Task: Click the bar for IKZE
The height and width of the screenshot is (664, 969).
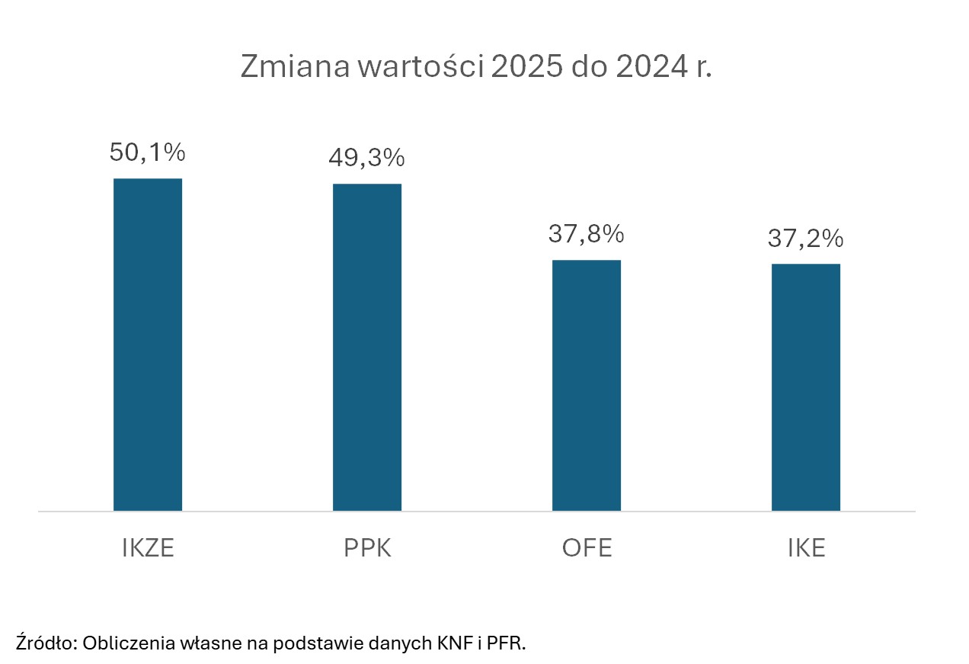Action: click(x=148, y=345)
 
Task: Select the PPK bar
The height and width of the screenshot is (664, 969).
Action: click(x=367, y=347)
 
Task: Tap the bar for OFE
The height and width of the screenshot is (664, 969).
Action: click(x=587, y=385)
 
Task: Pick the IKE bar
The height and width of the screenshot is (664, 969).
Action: click(x=806, y=387)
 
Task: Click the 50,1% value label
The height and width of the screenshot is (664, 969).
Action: click(x=148, y=152)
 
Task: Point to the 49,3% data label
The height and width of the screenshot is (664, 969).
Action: click(x=366, y=158)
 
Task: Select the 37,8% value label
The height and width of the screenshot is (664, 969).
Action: click(x=586, y=234)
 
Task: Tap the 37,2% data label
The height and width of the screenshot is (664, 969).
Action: click(x=805, y=239)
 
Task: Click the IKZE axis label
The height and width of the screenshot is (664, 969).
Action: click(x=148, y=549)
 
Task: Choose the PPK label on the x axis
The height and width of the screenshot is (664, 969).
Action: click(x=367, y=549)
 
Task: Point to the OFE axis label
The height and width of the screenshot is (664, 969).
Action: click(x=587, y=549)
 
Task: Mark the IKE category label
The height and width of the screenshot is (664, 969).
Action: click(x=806, y=549)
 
